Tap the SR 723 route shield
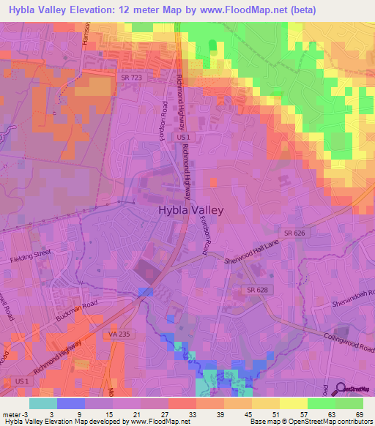pyautogui.click(x=129, y=77)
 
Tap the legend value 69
pyautogui.click(x=359, y=414)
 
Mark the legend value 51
pyautogui.click(x=277, y=414)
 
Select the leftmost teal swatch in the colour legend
pyautogui.click(x=43, y=403)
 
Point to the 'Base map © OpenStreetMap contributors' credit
pyautogui.click(x=311, y=422)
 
